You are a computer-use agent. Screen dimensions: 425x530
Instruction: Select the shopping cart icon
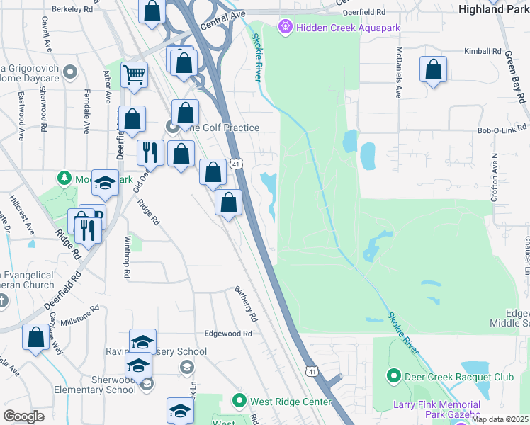coord(134,74)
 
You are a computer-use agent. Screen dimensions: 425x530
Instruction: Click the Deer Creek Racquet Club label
coord(459,377)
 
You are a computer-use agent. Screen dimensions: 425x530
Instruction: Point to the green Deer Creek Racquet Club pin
coord(394,377)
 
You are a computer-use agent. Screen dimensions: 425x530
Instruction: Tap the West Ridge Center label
coord(291,402)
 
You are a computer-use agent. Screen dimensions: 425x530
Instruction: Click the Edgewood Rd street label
coord(228,334)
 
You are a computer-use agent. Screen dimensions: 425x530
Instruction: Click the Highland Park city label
coord(493,9)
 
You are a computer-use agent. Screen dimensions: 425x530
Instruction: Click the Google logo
coord(23,416)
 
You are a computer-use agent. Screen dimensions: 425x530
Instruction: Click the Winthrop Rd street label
coord(128,256)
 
